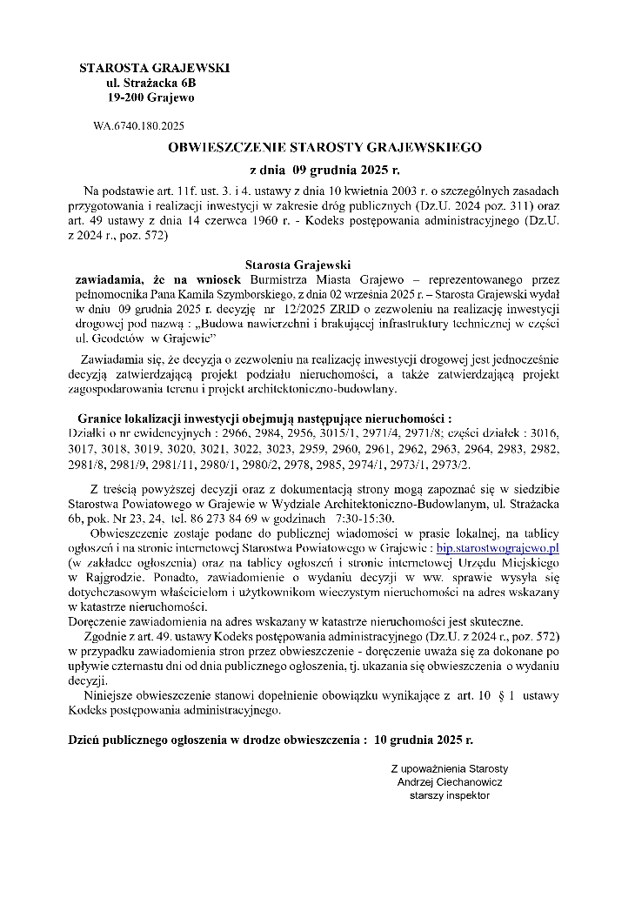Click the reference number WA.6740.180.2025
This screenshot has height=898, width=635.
138,126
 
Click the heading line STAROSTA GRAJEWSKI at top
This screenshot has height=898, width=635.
154,68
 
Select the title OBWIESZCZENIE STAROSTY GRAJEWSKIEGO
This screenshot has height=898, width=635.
324,148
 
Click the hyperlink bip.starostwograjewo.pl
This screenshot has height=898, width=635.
498,547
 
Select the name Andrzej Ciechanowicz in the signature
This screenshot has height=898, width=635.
449,781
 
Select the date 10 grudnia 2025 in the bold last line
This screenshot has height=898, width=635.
423,739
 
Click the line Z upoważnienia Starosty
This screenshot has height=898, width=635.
449,768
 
